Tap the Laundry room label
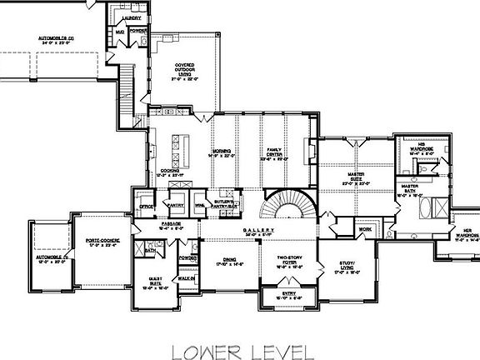point(131,16)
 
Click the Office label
point(146,204)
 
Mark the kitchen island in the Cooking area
point(177,151)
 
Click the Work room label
point(364,228)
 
